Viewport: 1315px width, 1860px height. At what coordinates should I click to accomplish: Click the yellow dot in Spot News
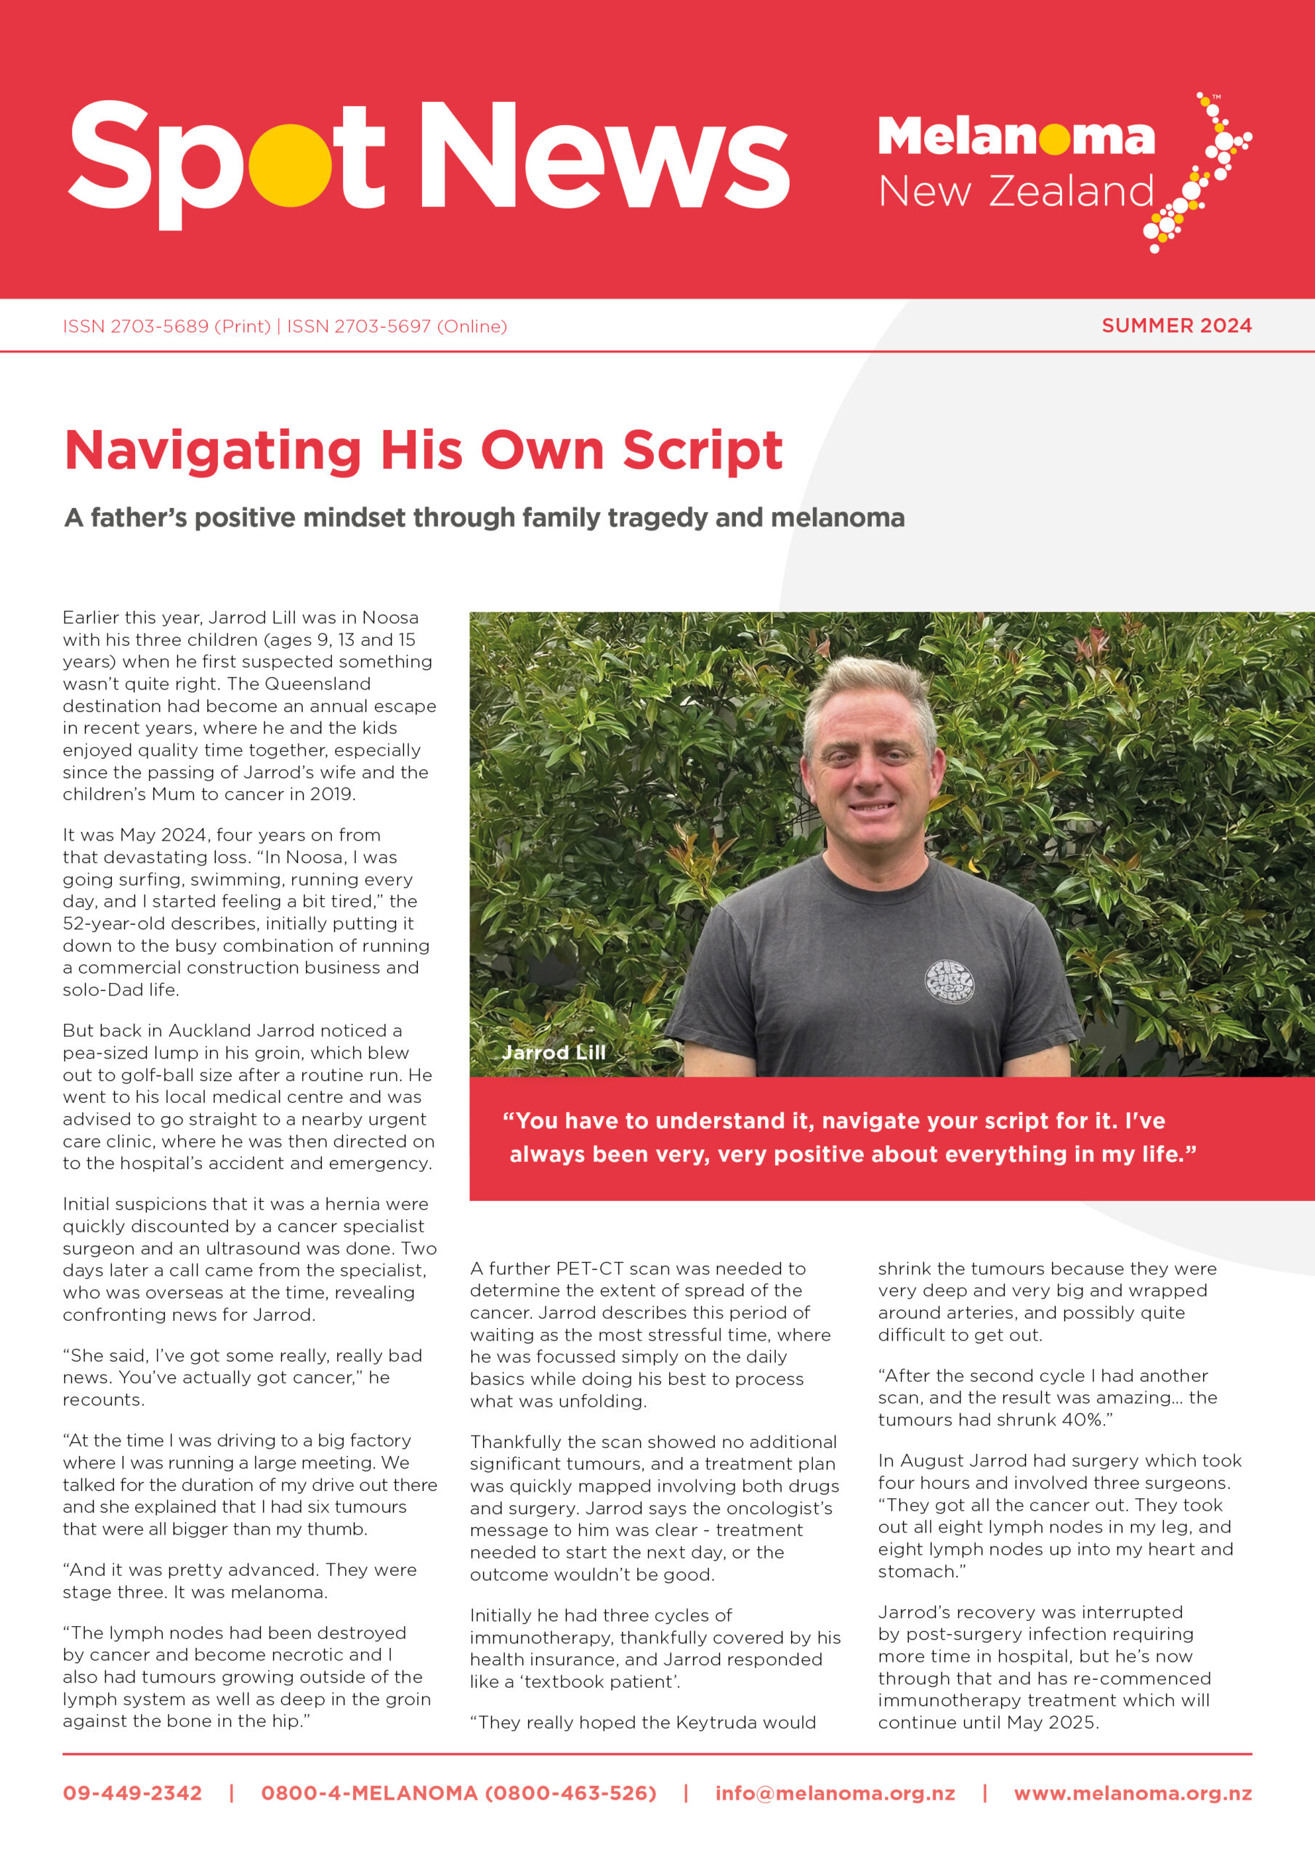coord(289,165)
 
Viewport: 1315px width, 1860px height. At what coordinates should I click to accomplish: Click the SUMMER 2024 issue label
coord(1176,325)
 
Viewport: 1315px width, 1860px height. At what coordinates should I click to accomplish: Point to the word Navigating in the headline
coord(212,451)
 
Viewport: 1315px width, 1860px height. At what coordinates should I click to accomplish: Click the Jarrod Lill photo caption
coord(554,1052)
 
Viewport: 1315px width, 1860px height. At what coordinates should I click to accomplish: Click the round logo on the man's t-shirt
coord(950,982)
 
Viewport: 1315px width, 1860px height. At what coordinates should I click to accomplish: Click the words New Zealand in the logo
coord(1016,193)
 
